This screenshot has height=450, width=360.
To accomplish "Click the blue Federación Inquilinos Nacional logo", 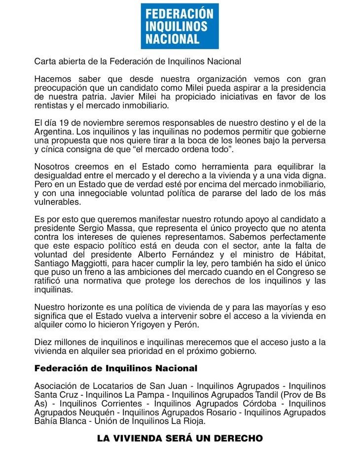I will pyautogui.click(x=180, y=26).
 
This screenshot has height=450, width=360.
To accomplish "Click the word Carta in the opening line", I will pyautogui.click(x=45, y=62).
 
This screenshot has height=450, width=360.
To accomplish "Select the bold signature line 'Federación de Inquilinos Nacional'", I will pyautogui.click(x=116, y=368).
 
